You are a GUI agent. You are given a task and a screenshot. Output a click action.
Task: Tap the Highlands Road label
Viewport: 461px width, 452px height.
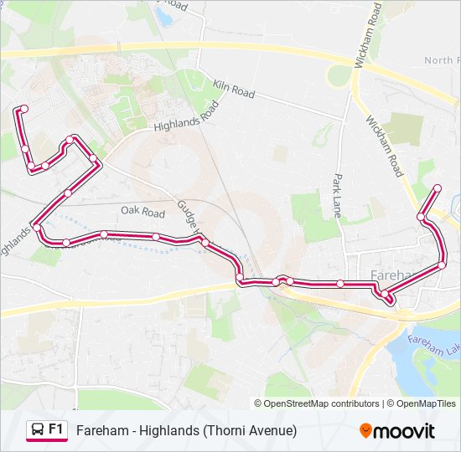pos(186,118)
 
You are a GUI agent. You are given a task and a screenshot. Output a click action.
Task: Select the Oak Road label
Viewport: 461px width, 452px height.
pos(142,213)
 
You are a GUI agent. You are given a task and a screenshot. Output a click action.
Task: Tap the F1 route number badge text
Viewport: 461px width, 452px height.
pos(56,429)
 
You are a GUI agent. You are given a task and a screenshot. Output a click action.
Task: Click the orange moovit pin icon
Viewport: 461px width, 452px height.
pos(365,430)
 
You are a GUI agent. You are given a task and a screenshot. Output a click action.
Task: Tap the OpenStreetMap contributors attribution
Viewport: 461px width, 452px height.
pos(322,403)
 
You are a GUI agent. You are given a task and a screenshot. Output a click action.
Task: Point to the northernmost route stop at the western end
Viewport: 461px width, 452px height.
pos(24,109)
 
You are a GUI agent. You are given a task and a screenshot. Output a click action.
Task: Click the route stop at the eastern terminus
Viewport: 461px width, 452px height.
pos(437,187)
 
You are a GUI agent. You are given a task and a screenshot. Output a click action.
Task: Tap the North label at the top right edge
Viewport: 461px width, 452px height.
pos(440,60)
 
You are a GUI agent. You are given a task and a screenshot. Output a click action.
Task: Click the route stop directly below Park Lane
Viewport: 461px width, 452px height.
pos(340,284)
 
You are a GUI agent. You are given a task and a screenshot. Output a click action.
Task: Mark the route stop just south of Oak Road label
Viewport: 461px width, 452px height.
pos(156,237)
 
